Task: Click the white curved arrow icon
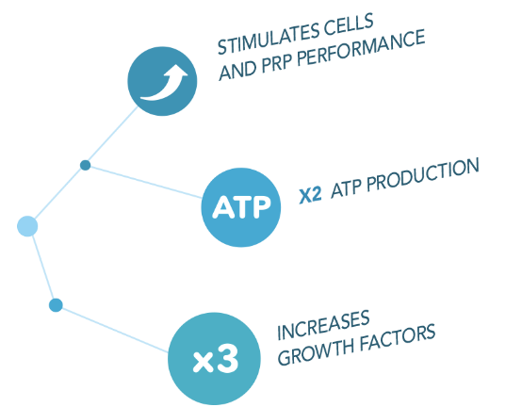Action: coord(164,83)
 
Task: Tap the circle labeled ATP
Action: coord(240,207)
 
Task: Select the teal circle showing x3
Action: coord(214,358)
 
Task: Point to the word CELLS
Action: coord(349,24)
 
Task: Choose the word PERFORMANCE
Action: coord(361,47)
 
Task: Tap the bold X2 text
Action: coord(310,195)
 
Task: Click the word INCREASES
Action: coord(323,325)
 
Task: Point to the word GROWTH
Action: coord(317,352)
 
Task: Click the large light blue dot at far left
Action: coord(27,226)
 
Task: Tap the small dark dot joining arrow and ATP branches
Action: coord(85,165)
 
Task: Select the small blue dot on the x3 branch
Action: coord(56,305)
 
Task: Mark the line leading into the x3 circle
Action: coord(115,330)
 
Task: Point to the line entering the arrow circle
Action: coord(113,134)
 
